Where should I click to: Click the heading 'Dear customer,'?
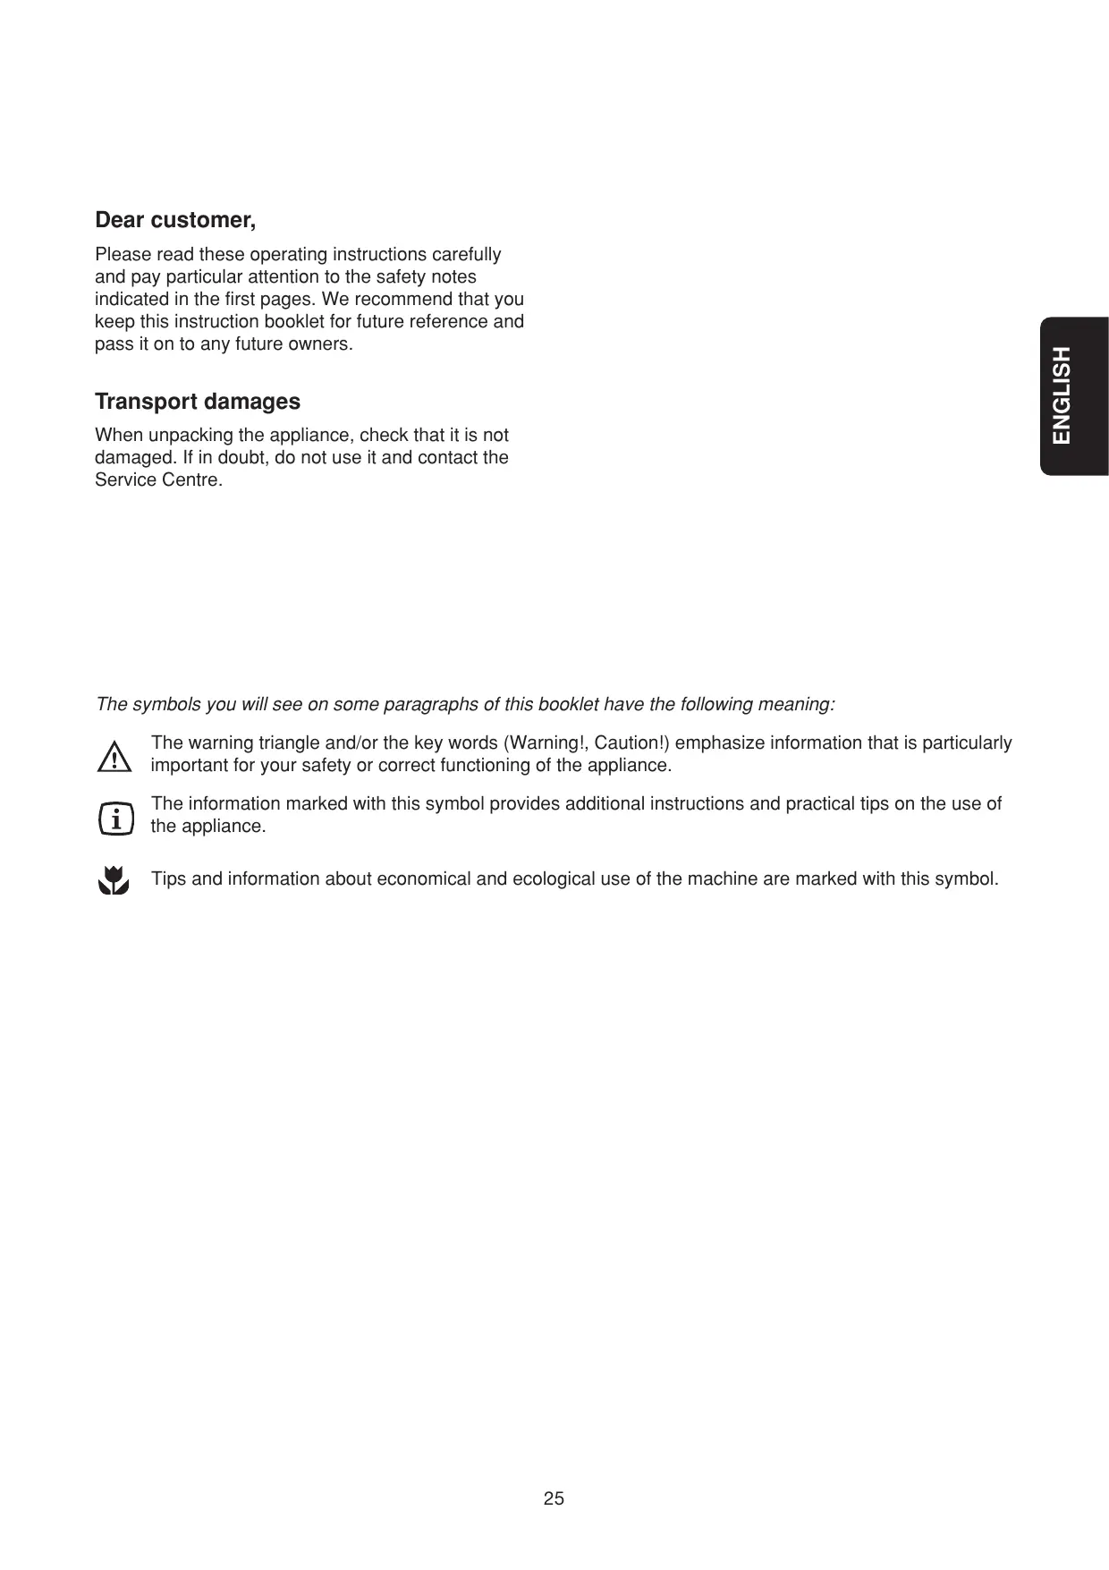coord(175,220)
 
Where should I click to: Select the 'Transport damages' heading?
coord(198,402)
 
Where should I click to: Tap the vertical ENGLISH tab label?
coord(1062,395)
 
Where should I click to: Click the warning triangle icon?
coord(114,758)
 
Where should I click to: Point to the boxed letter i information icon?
coord(115,819)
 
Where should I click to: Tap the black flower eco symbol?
coord(114,880)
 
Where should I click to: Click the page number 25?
coord(554,1498)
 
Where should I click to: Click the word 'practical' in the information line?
coord(820,804)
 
